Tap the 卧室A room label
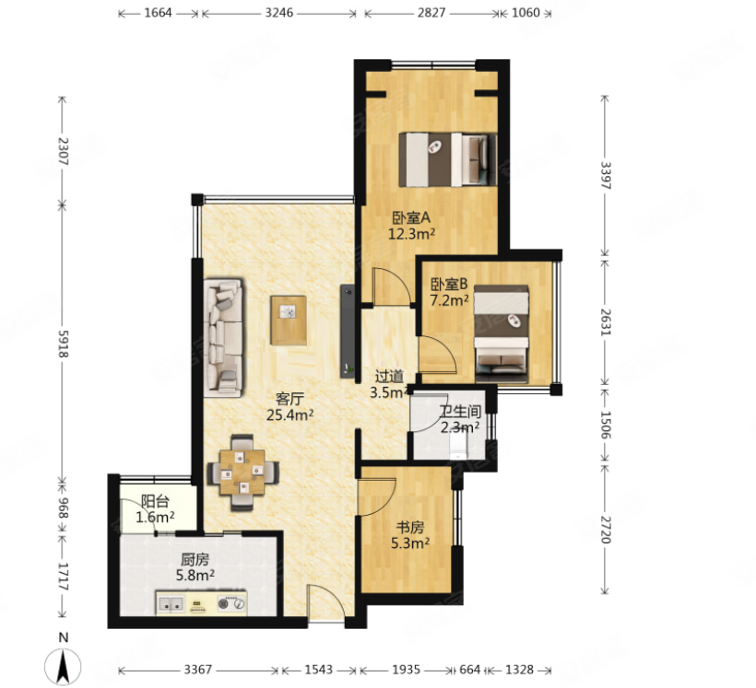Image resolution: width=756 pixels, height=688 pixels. coord(411,218)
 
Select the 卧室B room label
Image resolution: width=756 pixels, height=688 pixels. coord(449,285)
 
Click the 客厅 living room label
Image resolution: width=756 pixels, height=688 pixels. coord(289,399)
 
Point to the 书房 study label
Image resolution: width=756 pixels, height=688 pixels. coord(410,528)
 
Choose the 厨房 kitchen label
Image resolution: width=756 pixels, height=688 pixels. coord(195,560)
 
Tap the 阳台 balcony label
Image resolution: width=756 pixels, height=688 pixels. coord(155,502)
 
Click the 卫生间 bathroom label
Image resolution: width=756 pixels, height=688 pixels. coord(460,412)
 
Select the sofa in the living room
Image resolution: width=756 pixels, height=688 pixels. coord(223,337)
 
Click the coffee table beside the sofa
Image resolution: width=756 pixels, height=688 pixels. coord(289,320)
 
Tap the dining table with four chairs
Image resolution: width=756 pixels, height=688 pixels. coord(242,472)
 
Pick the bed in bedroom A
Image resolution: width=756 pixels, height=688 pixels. coord(448,159)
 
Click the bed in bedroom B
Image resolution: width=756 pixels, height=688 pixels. coord(501,334)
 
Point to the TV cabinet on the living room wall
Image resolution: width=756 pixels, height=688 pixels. coord(348,331)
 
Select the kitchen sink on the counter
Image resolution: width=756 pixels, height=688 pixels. coord(171,603)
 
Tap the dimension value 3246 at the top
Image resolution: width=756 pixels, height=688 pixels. coord(279,13)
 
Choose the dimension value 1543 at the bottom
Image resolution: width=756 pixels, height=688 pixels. coord(319,670)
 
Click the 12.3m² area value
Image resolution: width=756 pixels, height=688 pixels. coord(412,235)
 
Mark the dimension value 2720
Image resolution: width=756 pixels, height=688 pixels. coord(606,530)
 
